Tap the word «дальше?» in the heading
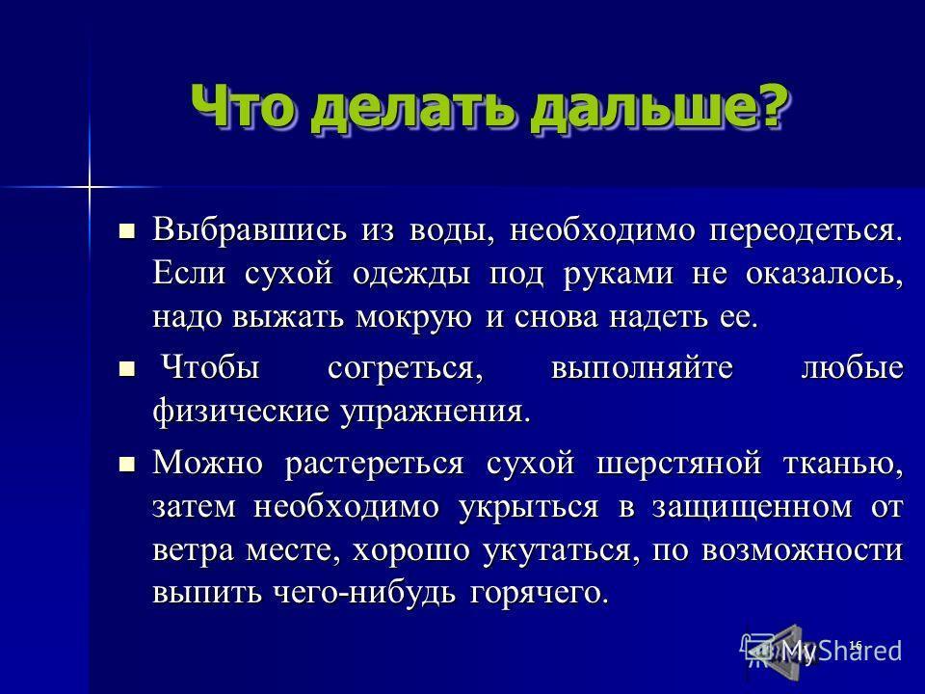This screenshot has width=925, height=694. point(658,108)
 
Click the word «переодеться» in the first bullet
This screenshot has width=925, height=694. point(806,230)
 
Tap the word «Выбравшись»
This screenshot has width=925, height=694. point(250,229)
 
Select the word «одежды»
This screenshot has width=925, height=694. point(411,275)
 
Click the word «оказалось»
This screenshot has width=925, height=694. point(824,275)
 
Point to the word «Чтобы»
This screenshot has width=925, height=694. point(211,367)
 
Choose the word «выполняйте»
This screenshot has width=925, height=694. point(642,369)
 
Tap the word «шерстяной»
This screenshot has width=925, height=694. point(678,464)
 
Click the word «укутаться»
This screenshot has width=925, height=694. point(561,551)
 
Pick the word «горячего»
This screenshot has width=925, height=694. point(539,594)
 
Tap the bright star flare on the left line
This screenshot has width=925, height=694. point(89,188)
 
